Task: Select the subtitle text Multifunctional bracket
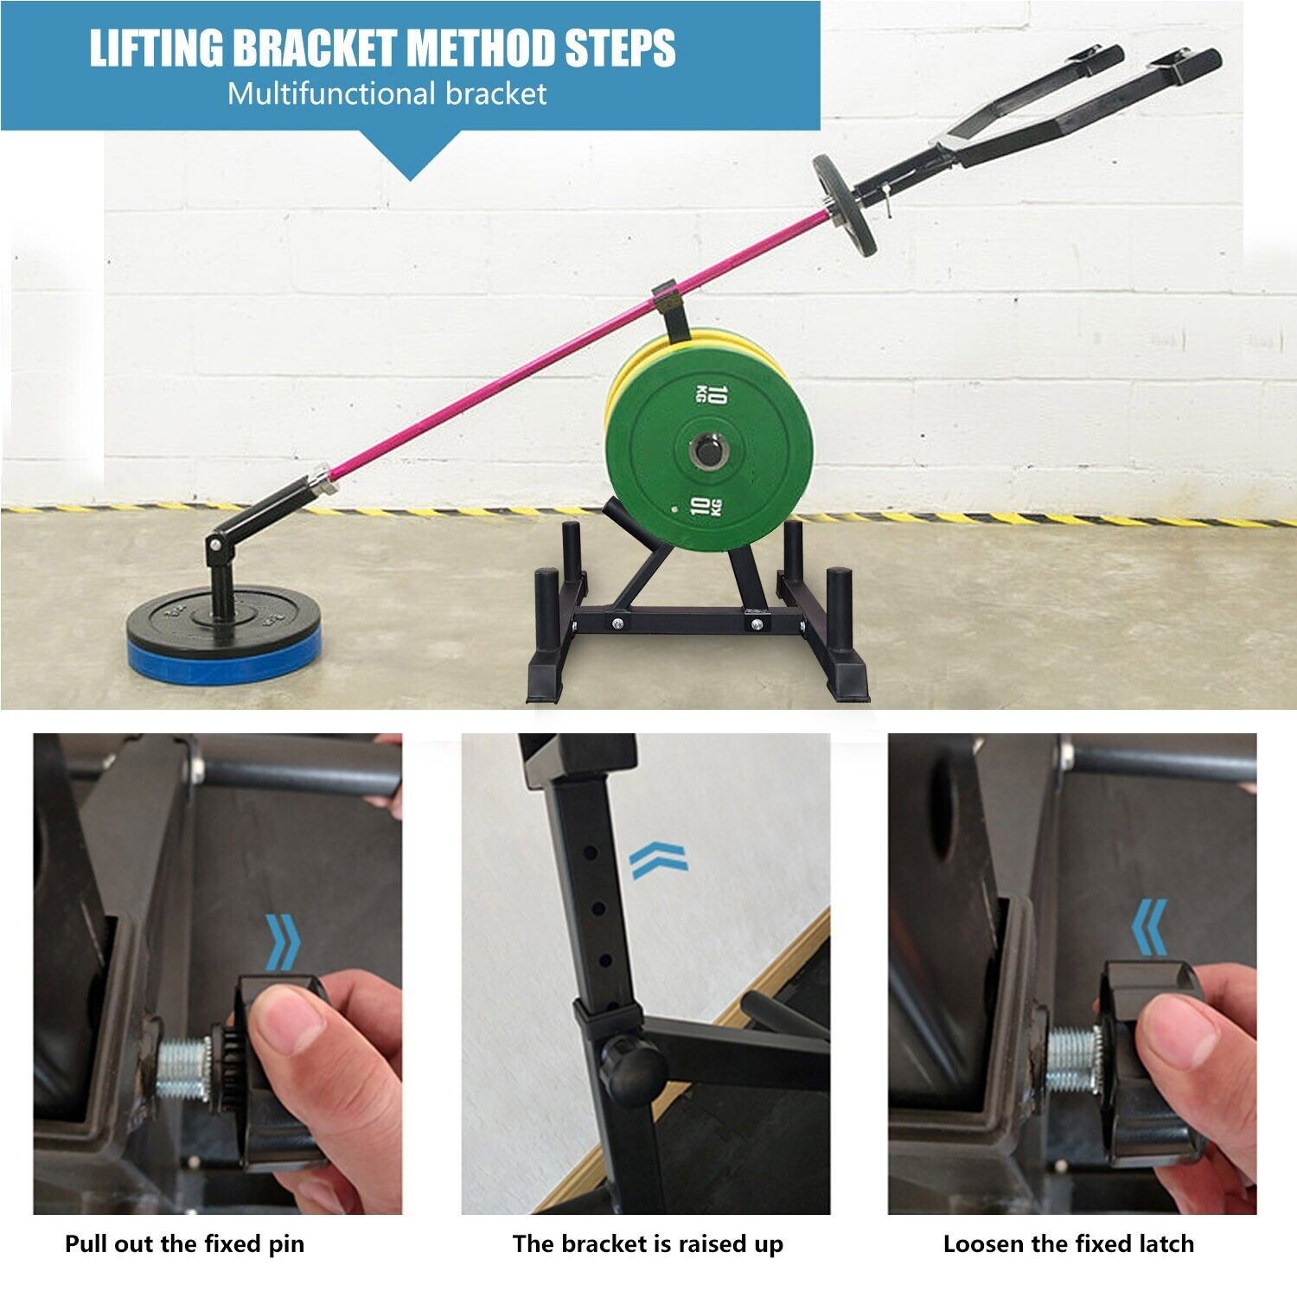click(x=387, y=93)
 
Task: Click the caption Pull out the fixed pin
click(x=184, y=1244)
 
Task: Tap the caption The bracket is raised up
click(x=648, y=1244)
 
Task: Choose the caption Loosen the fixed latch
click(x=1069, y=1244)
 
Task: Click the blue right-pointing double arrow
click(x=282, y=940)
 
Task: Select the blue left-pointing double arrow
click(x=1150, y=926)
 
